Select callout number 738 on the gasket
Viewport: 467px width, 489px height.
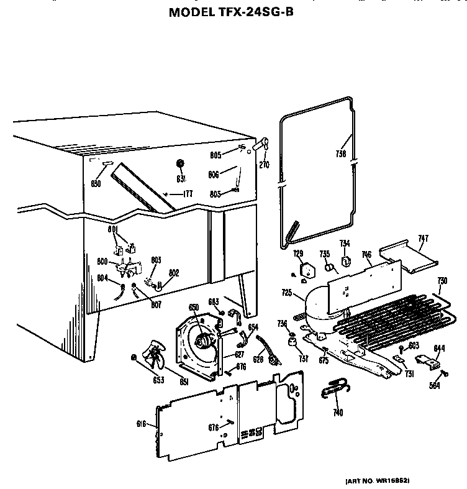coord(341,155)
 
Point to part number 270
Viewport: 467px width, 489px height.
coord(265,166)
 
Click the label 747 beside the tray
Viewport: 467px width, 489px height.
coord(424,237)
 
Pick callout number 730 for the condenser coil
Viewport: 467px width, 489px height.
coord(442,280)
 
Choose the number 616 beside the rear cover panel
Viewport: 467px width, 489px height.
coord(141,424)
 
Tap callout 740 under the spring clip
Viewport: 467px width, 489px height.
coord(338,412)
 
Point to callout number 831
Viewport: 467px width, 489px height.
coord(181,179)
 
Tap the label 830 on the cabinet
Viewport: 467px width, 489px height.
coord(96,183)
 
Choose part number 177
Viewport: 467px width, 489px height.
coord(188,194)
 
